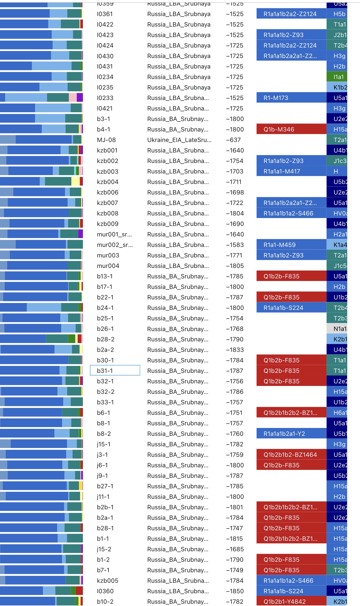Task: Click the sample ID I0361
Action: [105, 14]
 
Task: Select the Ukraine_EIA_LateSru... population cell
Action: [179, 140]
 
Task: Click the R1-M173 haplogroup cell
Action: [291, 98]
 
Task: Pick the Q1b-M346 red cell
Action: [291, 129]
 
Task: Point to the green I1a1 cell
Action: [337, 77]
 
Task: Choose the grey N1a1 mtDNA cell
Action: [337, 329]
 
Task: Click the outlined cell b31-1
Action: [115, 371]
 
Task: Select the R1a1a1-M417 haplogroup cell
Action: [291, 171]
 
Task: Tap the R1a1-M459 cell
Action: [291, 245]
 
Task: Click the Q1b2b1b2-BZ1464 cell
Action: [291, 455]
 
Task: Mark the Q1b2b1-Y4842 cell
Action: [291, 602]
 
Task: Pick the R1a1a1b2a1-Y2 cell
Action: [291, 434]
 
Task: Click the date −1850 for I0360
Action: [235, 591]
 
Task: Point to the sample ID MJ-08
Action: [106, 140]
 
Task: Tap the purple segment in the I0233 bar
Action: [80, 98]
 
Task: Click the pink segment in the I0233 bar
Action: [73, 98]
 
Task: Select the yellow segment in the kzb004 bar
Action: [75, 182]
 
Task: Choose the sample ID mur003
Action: [108, 255]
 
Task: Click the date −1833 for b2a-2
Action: [235, 350]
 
